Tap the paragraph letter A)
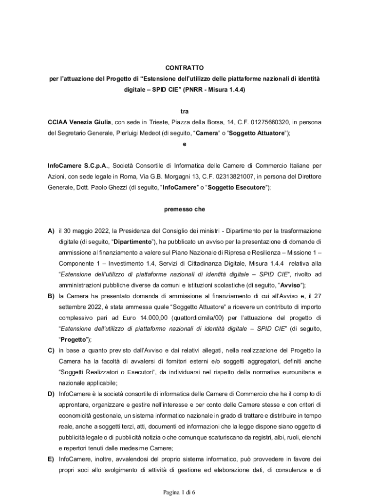pyautogui.click(x=51, y=230)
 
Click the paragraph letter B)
pyautogui.click(x=51, y=296)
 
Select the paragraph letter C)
pyautogui.click(x=51, y=350)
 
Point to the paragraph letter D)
pyautogui.click(x=51, y=394)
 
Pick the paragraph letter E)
pyautogui.click(x=51, y=459)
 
